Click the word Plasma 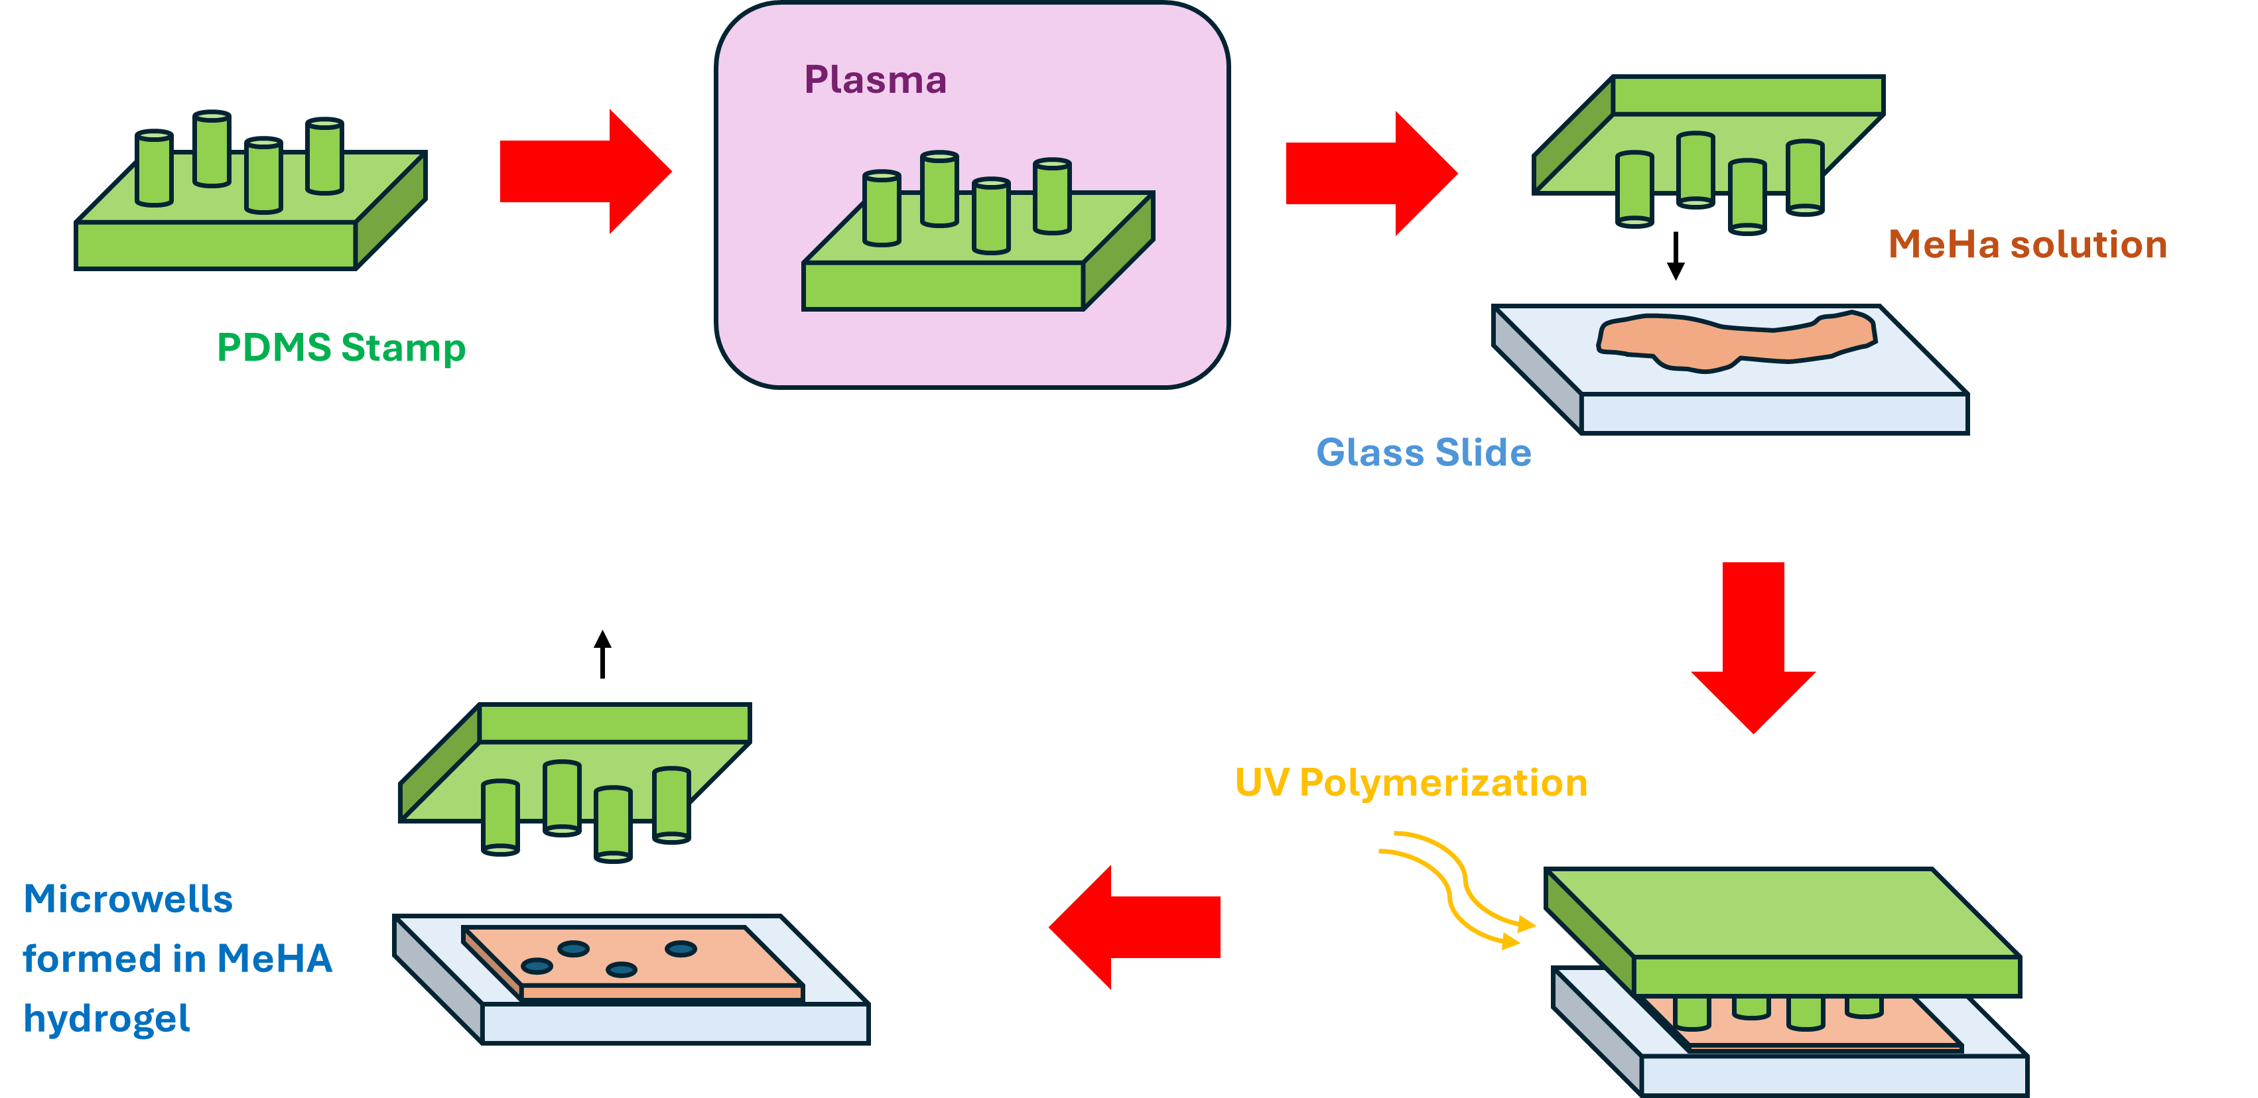[x=875, y=80]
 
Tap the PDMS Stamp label [x=341, y=348]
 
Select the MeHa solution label [x=2027, y=245]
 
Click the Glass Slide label [x=1424, y=453]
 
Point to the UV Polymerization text [x=1412, y=782]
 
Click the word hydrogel [x=107, y=1019]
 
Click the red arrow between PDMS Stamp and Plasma [x=584, y=172]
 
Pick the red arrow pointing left [x=1134, y=927]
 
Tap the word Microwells [x=128, y=900]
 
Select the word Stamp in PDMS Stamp [x=403, y=348]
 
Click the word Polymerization [x=1443, y=782]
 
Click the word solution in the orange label [x=2089, y=245]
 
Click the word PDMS [x=273, y=348]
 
